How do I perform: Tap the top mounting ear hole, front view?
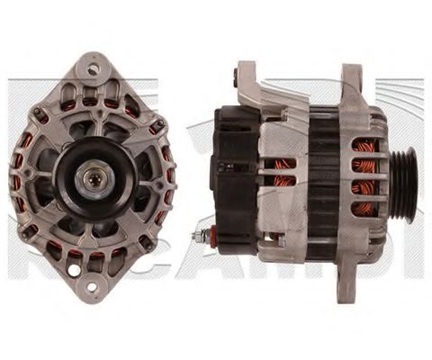(x=93, y=67)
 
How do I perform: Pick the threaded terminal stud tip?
(x=194, y=237)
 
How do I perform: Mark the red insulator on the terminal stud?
(x=206, y=237)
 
